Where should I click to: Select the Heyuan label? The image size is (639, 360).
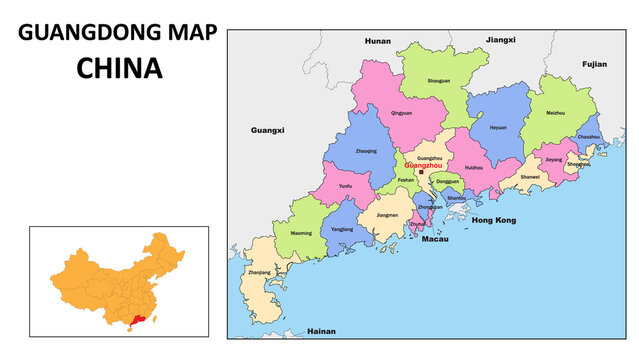[497, 127]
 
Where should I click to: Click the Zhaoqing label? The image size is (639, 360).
[366, 152]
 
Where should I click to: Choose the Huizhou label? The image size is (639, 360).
[474, 167]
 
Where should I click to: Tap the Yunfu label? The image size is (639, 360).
[345, 186]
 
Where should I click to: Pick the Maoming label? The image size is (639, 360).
[301, 233]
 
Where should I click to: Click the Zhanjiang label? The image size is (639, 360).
[259, 272]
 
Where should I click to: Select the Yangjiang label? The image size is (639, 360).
[342, 229]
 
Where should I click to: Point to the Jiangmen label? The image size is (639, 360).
[387, 214]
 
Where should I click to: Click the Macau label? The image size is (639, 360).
[435, 240]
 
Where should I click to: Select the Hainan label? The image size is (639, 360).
[321, 330]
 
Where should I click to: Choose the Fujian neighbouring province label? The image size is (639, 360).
[594, 63]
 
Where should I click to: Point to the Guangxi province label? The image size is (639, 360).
[267, 130]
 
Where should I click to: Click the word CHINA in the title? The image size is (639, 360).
[120, 68]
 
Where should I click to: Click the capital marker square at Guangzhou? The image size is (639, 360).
[421, 172]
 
